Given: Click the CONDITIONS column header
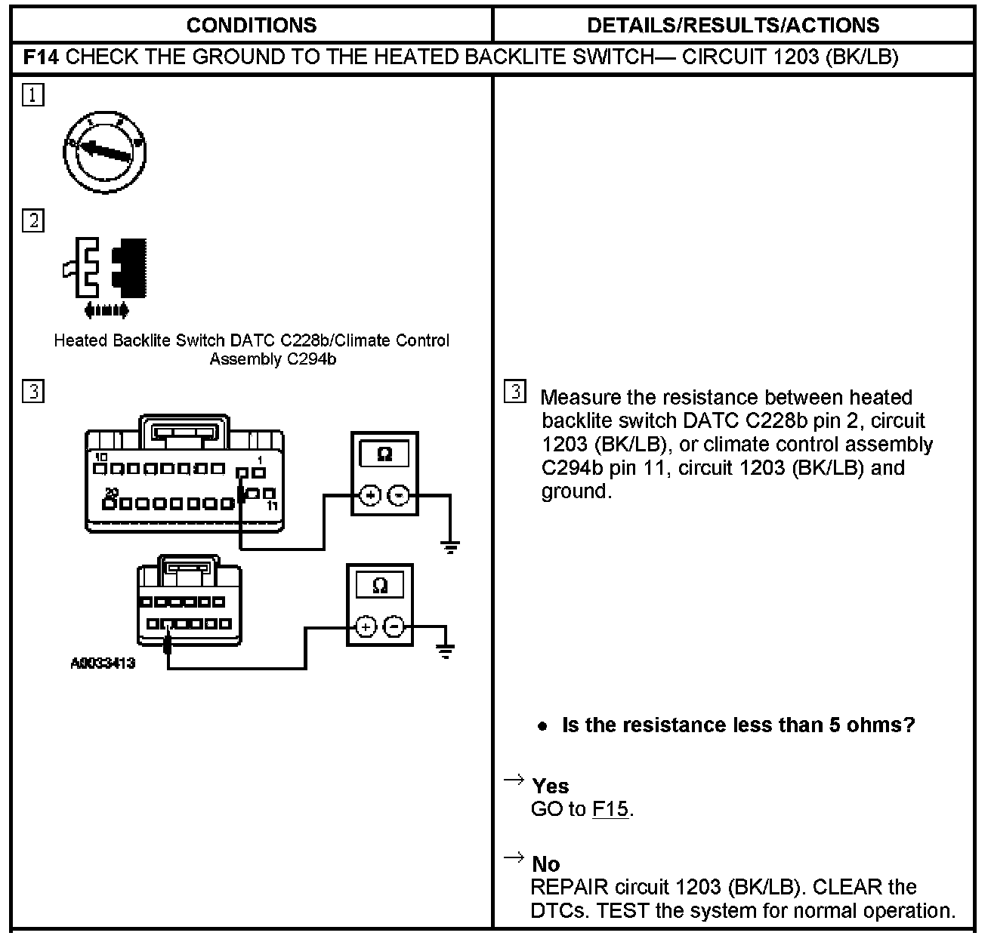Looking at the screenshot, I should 251,25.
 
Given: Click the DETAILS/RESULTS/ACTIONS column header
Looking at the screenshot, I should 733,25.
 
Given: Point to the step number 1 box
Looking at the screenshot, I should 33,95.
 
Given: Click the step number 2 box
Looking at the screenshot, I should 33,221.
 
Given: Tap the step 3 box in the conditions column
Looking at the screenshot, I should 33,392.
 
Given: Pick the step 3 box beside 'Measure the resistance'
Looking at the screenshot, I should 514,392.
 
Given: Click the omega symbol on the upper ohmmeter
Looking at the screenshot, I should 384,454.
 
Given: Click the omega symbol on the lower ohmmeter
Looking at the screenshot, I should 380,585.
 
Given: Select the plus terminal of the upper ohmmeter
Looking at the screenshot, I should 370,495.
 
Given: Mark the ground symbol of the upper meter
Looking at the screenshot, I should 450,546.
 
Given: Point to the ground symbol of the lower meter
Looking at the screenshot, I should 446,651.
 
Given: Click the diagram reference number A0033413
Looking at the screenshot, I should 103,663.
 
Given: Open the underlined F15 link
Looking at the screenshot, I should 610,809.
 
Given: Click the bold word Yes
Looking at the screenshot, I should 550,786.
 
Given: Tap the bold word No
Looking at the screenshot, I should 545,863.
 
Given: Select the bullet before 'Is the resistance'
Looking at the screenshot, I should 542,726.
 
